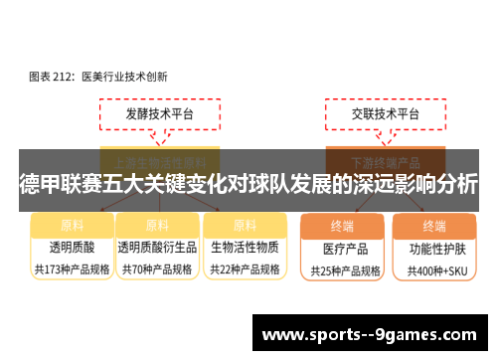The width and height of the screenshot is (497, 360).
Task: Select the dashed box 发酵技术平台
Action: tap(159, 115)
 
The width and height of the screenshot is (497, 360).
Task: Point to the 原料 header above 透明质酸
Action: tap(71, 225)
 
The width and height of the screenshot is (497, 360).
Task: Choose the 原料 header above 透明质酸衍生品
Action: tap(157, 225)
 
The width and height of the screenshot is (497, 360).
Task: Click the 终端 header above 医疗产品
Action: tap(342, 226)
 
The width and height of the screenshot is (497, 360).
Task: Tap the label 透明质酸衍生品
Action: tap(157, 247)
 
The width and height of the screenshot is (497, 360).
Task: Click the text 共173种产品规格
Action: tap(71, 269)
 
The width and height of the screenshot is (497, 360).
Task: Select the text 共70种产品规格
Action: tap(157, 269)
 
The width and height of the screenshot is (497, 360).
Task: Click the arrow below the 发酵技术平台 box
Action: tap(159, 140)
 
